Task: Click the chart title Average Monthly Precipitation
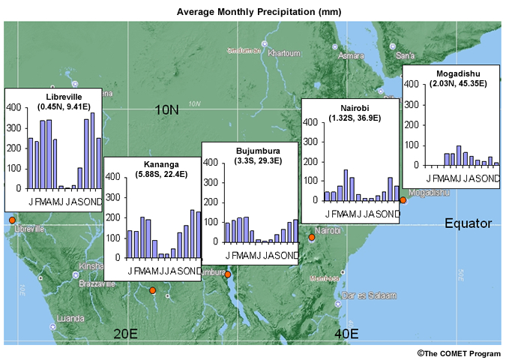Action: coord(253,12)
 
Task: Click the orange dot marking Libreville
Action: coord(11,220)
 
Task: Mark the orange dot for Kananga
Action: coord(152,290)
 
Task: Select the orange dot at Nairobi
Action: coord(312,238)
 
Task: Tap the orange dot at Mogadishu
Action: coord(403,199)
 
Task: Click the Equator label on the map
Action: coord(468,223)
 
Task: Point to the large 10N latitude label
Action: coord(166,110)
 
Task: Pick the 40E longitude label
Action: coord(346,333)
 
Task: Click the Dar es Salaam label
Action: coord(367,295)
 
